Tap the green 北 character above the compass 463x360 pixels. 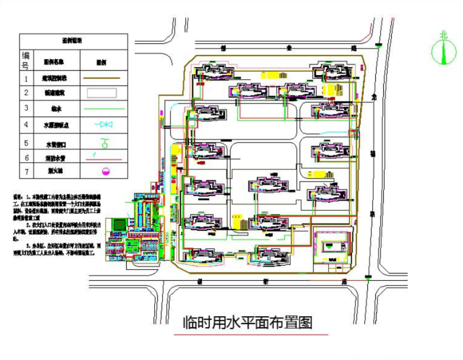point(444,35)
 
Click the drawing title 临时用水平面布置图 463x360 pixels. point(248,322)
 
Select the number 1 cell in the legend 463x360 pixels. point(26,78)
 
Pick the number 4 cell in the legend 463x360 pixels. point(26,125)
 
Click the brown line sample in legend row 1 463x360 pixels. point(105,78)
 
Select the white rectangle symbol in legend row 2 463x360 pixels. point(105,93)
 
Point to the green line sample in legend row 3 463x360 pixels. point(105,109)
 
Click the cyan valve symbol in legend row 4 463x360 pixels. point(105,125)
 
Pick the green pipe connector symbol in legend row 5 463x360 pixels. point(105,143)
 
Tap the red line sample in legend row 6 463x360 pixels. point(105,157)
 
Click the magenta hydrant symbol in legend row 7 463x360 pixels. point(105,172)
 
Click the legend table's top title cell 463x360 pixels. point(73,40)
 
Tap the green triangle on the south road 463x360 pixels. point(369,277)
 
